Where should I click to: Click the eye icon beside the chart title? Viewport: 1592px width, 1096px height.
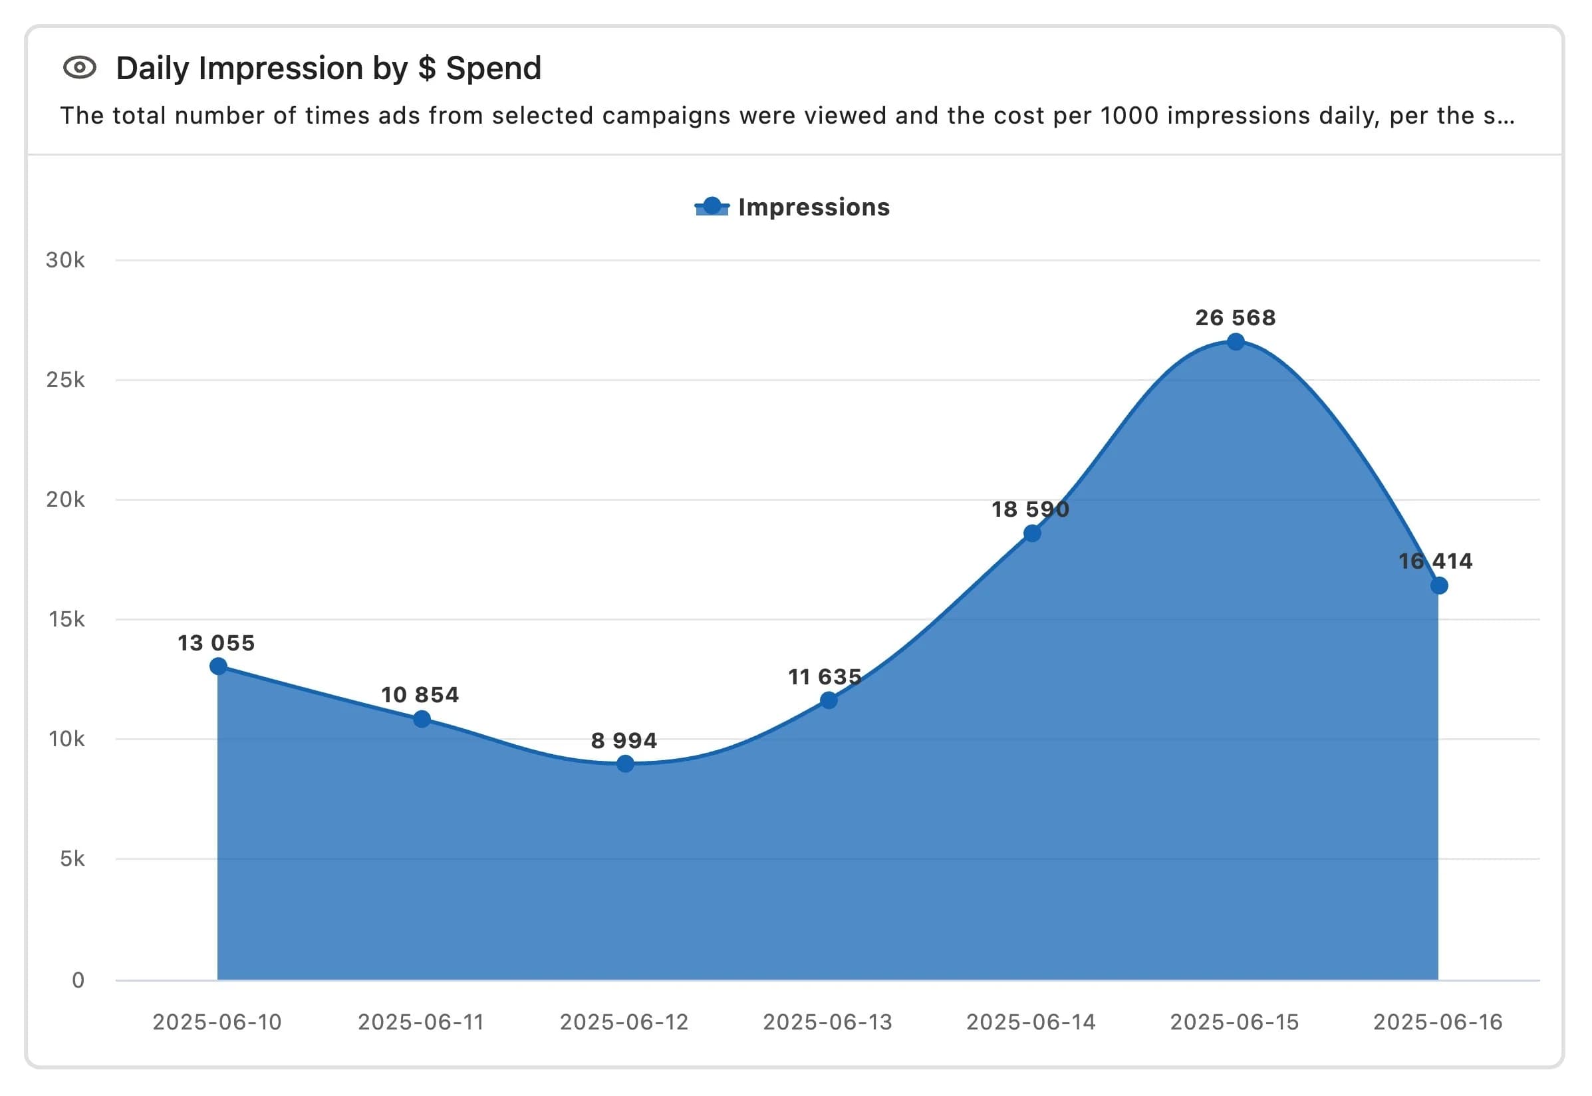80,68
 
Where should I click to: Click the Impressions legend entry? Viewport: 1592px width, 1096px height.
793,207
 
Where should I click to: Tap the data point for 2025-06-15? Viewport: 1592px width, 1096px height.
1236,342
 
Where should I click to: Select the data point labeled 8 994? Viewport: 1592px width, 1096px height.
624,763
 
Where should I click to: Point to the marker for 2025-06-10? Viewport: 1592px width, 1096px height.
218,666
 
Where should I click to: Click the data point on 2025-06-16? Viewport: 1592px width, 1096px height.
1439,586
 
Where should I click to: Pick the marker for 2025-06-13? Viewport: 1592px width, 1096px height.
829,700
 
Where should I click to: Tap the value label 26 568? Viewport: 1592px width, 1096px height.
1235,318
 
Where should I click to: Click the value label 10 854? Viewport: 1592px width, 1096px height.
420,695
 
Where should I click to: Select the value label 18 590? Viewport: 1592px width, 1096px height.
1030,509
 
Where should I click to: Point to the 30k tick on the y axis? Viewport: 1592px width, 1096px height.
65,260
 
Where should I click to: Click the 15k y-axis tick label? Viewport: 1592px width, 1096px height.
66,619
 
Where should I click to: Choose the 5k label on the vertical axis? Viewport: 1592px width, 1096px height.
72,859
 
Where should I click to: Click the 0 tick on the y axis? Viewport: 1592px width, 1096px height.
78,980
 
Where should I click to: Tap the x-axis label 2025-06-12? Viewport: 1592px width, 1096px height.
624,1022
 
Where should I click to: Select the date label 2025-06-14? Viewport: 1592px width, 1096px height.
1031,1022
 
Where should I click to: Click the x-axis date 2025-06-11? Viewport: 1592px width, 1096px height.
421,1022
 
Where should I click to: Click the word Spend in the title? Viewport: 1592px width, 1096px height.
493,68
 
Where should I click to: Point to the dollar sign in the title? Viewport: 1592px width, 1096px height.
427,68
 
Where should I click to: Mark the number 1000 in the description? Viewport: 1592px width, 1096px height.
1129,115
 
